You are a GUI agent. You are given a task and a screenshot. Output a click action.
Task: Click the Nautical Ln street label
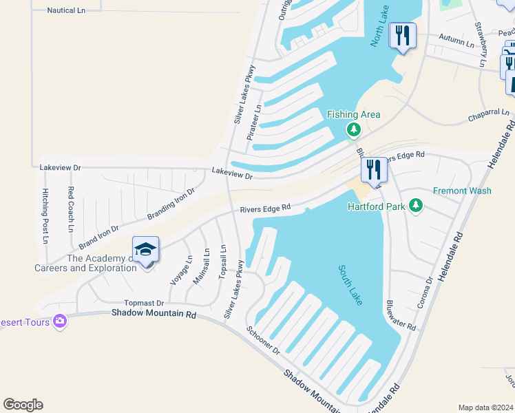(x=66, y=11)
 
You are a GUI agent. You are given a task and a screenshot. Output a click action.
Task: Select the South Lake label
(x=350, y=285)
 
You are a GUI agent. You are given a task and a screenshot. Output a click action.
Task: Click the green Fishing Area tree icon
(x=354, y=129)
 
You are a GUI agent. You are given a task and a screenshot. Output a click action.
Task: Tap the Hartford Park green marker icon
(x=415, y=205)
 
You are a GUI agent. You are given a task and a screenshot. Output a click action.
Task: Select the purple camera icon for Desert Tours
(x=60, y=321)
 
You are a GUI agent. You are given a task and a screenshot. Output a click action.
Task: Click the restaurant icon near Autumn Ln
(x=402, y=35)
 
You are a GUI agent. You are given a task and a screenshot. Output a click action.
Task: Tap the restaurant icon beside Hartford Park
(x=374, y=169)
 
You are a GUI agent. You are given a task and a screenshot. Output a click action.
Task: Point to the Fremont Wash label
(x=462, y=191)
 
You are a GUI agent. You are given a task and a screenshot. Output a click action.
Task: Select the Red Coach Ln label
(x=71, y=208)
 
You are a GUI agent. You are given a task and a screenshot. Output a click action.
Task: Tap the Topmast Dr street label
(x=144, y=303)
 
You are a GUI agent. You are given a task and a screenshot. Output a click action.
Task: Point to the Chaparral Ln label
(x=488, y=113)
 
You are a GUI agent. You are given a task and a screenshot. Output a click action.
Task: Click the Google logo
(x=23, y=405)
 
